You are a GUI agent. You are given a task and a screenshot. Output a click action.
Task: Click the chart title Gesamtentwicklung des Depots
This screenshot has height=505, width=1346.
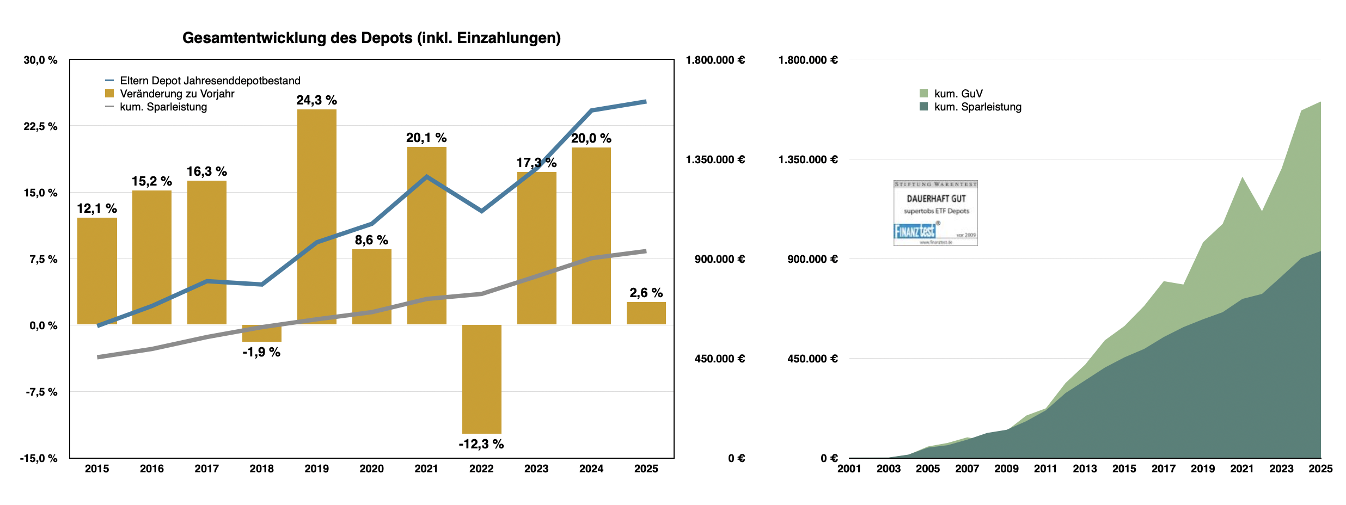[371, 38]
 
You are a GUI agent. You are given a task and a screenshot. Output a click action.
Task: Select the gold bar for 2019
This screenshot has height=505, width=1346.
[316, 218]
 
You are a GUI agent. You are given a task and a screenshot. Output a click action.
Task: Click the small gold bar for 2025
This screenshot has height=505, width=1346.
[646, 313]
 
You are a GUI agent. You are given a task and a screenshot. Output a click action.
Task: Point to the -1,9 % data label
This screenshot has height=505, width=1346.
[261, 353]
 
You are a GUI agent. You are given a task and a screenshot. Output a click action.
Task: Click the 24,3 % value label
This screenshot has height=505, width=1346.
[316, 100]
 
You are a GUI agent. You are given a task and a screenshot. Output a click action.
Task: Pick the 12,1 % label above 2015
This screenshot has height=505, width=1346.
[97, 208]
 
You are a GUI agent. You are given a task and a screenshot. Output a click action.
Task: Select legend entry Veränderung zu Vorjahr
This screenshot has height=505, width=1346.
[177, 94]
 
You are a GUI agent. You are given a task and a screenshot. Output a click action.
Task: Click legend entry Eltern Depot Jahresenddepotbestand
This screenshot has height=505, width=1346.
[210, 81]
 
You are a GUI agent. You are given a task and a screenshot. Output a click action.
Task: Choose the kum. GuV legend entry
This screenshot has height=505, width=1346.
[958, 94]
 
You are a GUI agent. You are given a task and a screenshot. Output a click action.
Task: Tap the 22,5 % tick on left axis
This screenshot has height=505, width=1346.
[40, 126]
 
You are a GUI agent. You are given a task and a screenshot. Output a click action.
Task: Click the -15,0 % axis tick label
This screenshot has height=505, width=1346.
[39, 458]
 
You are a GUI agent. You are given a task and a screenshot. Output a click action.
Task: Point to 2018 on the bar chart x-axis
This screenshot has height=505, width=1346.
[261, 469]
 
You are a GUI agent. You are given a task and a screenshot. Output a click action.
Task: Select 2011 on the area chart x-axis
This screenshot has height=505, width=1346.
[1045, 469]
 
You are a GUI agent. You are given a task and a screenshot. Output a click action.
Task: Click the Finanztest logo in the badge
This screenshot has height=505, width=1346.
[915, 231]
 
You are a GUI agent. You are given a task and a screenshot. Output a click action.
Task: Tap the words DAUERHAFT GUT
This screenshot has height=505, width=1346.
[936, 199]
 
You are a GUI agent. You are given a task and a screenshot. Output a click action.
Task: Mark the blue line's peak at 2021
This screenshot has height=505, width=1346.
[426, 176]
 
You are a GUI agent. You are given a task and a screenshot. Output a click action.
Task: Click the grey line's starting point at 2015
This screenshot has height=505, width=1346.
[99, 357]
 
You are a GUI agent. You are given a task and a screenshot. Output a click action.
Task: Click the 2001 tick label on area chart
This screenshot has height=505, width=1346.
[849, 469]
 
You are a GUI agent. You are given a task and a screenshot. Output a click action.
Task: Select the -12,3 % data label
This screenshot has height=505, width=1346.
[481, 444]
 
